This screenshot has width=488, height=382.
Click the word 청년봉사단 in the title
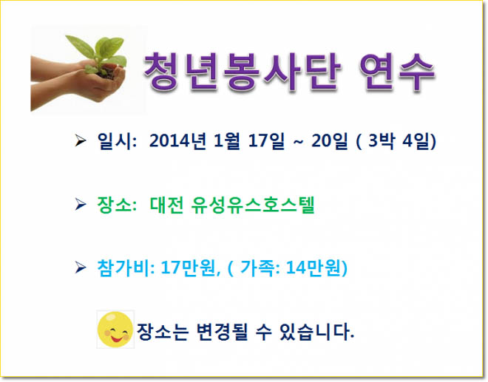[x=243, y=72]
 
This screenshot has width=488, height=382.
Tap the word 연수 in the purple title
[x=396, y=72]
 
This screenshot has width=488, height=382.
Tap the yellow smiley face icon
[x=115, y=329]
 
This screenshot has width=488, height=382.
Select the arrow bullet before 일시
[x=81, y=140]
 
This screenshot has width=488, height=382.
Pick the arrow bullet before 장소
[x=81, y=205]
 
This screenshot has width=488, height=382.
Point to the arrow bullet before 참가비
[x=81, y=267]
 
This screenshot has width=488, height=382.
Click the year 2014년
[x=177, y=140]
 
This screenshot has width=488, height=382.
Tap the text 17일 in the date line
[x=266, y=140]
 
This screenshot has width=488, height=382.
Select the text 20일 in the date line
[x=329, y=140]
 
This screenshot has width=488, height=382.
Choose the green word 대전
[x=166, y=205]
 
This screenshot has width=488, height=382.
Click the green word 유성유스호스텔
[x=253, y=205]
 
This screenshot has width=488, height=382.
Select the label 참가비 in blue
[x=123, y=267]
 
